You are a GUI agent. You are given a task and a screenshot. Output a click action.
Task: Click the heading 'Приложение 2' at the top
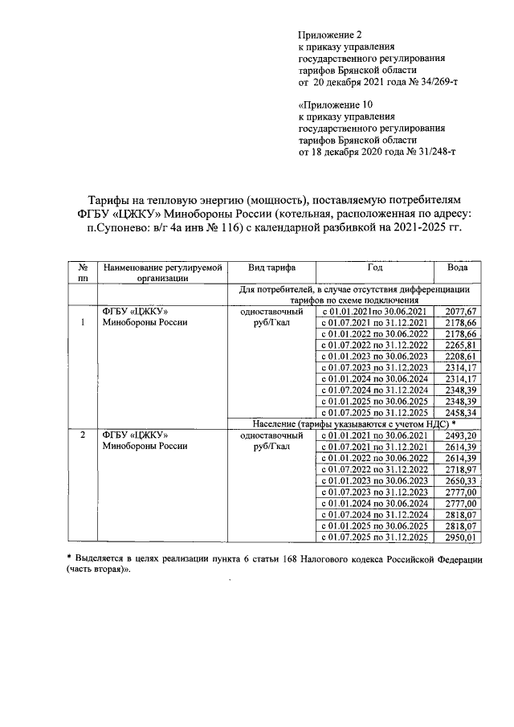pyautogui.click(x=330, y=35)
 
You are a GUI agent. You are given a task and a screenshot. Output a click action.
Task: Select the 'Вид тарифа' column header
pyautogui.click(x=271, y=268)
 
